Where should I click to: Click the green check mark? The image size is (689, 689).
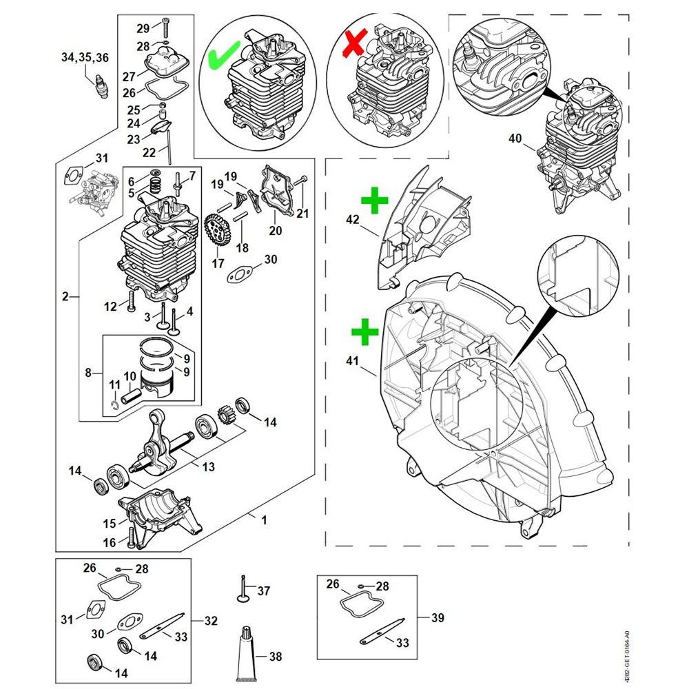pyautogui.click(x=224, y=55)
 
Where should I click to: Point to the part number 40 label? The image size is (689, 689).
pyautogui.click(x=515, y=138)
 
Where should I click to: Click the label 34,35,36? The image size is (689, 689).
pyautogui.click(x=85, y=58)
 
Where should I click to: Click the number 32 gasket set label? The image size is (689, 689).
pyautogui.click(x=211, y=621)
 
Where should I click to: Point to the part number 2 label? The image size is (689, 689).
pyautogui.click(x=65, y=297)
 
